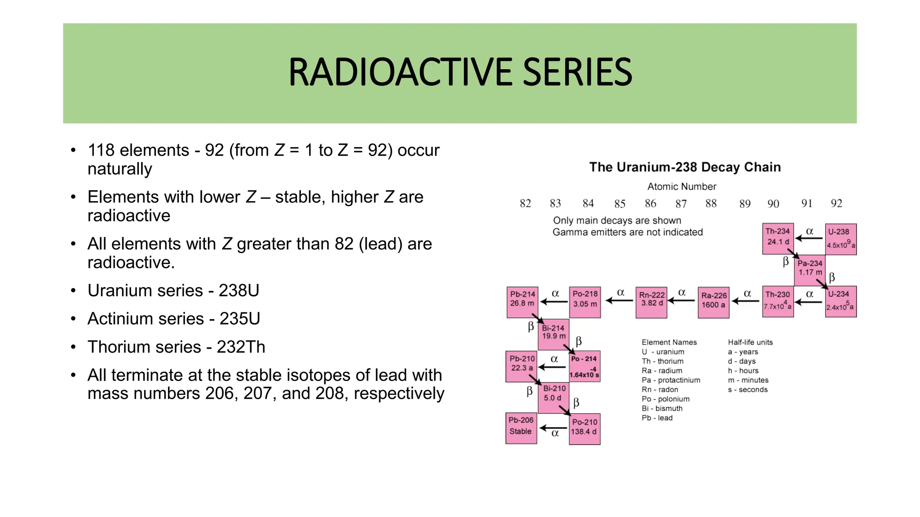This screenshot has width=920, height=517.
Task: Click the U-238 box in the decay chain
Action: point(840,239)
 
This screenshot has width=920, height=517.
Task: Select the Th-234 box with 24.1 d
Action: point(778,238)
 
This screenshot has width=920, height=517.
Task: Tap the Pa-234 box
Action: point(809,269)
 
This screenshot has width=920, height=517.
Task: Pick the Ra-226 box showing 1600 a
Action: point(713,302)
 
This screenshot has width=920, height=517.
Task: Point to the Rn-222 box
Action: point(651,302)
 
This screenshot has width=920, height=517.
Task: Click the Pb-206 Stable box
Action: point(521,428)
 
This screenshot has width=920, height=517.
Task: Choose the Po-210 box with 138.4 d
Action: point(584,429)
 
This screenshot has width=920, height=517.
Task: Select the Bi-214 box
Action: point(553,334)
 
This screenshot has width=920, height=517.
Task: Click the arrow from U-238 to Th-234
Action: point(809,238)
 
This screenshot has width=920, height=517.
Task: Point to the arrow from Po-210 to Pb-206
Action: point(553,428)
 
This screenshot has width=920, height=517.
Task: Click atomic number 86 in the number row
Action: point(650,204)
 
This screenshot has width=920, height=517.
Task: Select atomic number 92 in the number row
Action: point(836,204)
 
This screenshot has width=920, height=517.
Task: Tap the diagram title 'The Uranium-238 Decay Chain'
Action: point(685,167)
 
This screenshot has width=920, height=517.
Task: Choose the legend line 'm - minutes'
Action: point(748,380)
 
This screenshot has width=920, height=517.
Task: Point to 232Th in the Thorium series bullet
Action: point(241,347)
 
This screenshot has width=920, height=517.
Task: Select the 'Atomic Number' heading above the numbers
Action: point(681,187)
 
